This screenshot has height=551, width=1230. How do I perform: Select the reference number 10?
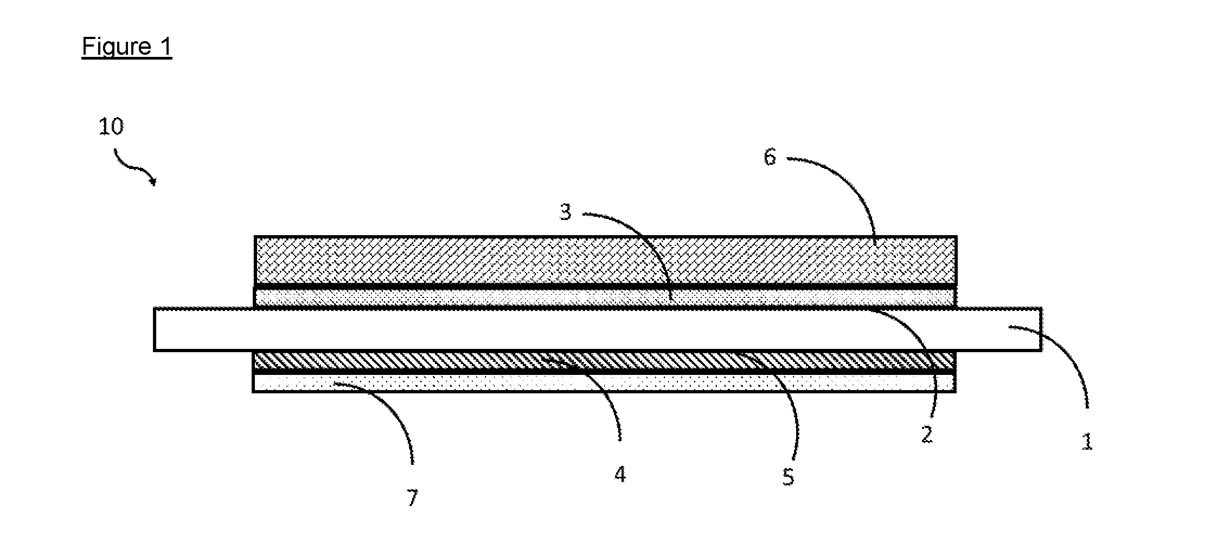click(x=111, y=127)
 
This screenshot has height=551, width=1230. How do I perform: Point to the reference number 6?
click(x=770, y=157)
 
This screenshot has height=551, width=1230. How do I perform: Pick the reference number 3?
click(x=566, y=212)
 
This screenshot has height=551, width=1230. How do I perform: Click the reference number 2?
click(x=927, y=435)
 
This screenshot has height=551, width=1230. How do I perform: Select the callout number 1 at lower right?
click(x=1087, y=442)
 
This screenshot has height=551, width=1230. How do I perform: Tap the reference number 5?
click(x=788, y=477)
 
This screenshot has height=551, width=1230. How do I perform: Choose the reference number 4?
click(x=620, y=475)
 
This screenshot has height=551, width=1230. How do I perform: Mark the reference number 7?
click(x=413, y=498)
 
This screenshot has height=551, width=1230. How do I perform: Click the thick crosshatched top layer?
click(x=605, y=260)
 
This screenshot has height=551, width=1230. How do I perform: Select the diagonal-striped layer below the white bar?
click(x=604, y=361)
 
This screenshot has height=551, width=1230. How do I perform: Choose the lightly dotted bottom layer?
click(x=604, y=383)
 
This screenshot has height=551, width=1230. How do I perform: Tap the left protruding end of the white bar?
click(x=204, y=329)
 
